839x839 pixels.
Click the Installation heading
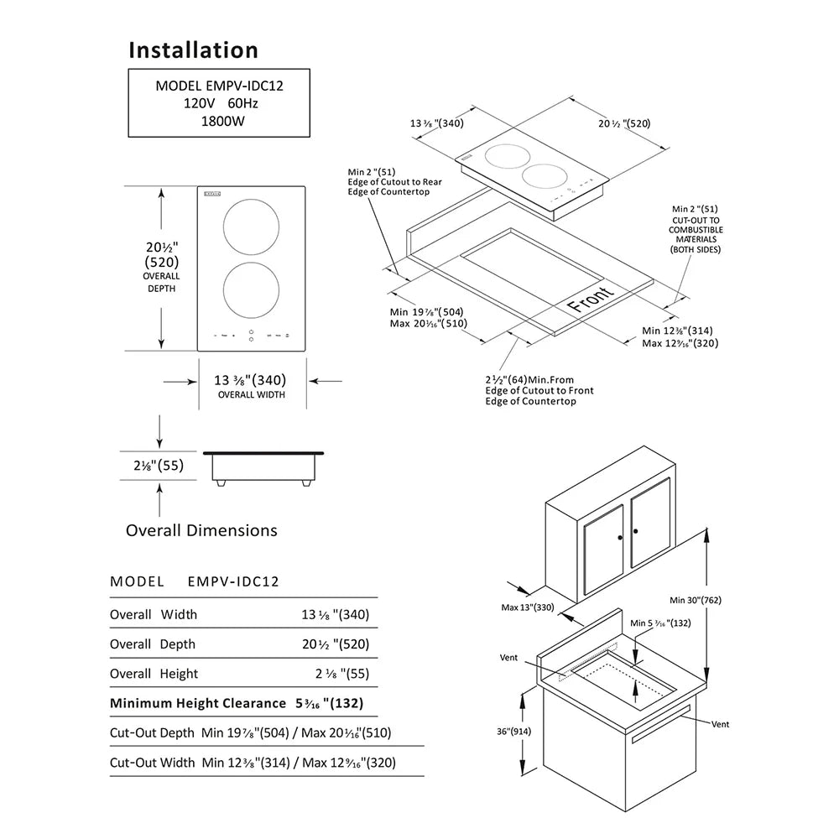[193, 50]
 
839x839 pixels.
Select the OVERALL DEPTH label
[161, 282]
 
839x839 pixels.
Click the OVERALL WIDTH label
[252, 394]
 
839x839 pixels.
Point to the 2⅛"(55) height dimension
[159, 466]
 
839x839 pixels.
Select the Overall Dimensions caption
[201, 530]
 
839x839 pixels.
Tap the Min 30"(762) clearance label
[696, 600]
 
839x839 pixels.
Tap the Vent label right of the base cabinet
[720, 723]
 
